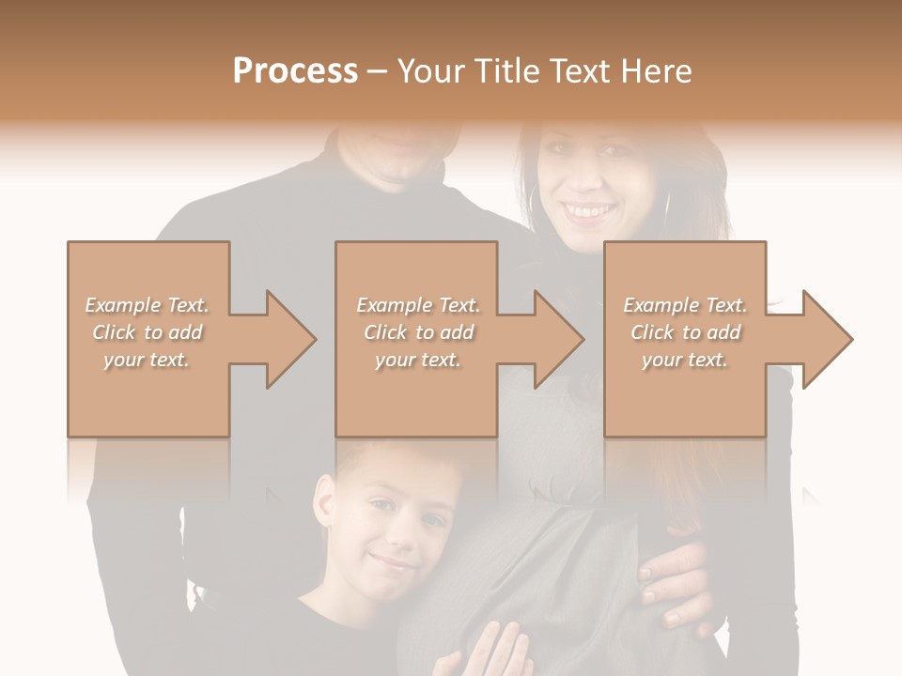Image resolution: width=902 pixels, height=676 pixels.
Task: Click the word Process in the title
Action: point(295,71)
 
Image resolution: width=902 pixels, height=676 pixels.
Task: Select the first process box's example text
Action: point(147,332)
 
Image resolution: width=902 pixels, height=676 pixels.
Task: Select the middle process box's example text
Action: point(417,332)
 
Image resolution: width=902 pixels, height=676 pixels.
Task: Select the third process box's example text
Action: point(685,332)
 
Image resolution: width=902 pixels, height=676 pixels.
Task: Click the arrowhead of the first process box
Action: point(288,339)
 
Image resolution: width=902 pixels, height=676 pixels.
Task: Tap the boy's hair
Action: point(395,460)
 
